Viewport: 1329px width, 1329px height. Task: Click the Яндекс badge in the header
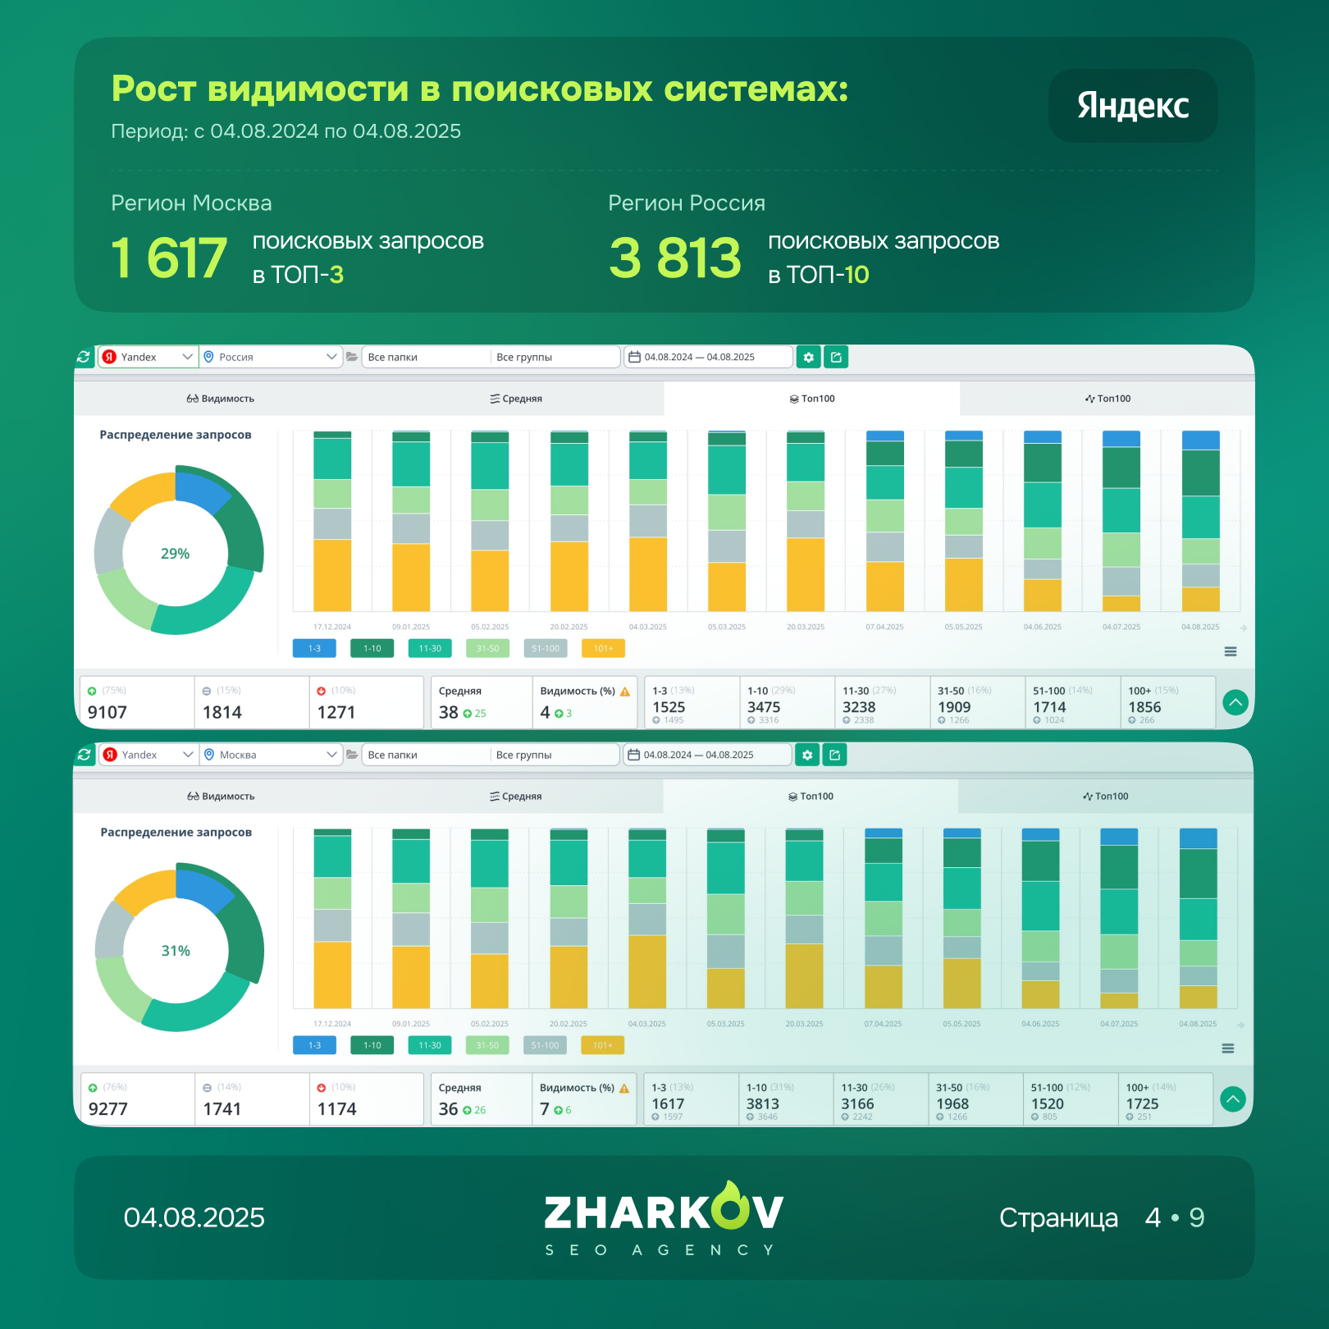click(1132, 106)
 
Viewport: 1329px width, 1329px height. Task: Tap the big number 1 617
click(169, 258)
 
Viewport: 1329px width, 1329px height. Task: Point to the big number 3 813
click(674, 258)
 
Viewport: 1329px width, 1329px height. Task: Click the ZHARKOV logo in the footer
click(664, 1213)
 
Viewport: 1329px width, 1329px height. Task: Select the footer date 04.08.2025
click(194, 1217)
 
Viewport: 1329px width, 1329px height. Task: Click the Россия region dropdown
click(271, 357)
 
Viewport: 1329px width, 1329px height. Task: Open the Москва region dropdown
click(271, 755)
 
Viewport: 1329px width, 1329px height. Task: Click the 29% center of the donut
click(176, 554)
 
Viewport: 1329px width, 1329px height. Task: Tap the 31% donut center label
click(176, 951)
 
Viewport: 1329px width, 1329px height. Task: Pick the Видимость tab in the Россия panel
click(221, 399)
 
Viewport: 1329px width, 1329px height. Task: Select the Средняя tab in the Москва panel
click(516, 797)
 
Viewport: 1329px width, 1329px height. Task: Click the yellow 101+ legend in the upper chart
click(603, 649)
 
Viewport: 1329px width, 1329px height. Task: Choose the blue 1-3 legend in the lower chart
click(314, 1046)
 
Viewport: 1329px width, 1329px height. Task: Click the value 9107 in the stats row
click(107, 712)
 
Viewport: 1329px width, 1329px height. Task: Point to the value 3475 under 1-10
click(764, 707)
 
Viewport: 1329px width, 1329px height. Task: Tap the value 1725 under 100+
click(1142, 1104)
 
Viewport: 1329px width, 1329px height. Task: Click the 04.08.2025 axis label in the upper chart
click(1200, 627)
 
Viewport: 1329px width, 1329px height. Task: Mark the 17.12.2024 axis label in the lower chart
click(332, 1024)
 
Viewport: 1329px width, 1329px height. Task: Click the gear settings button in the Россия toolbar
click(808, 357)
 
